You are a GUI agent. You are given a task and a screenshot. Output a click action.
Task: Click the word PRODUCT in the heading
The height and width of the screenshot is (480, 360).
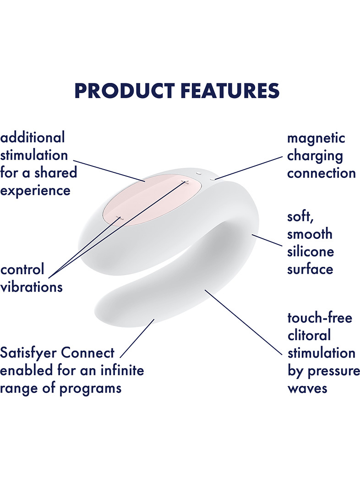tap(125, 91)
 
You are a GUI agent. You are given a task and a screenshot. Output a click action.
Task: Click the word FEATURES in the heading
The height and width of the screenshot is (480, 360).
tap(230, 91)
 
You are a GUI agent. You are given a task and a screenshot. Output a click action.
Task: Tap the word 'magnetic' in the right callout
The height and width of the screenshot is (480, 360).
tap(316, 138)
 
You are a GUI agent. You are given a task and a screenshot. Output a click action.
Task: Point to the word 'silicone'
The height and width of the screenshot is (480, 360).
tap(311, 252)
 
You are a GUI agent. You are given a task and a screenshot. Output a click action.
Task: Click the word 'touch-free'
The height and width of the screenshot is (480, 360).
tap(320, 318)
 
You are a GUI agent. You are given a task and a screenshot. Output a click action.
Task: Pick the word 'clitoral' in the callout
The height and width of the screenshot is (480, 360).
tap(309, 335)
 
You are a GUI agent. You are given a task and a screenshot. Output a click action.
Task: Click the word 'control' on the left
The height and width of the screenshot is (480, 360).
tap(22, 270)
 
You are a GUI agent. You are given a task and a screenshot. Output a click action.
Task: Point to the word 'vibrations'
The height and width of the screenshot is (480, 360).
tap(31, 287)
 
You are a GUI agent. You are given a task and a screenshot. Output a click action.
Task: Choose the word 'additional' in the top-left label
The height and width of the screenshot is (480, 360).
tap(33, 137)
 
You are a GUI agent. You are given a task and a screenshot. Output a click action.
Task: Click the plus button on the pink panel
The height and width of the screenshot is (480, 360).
tap(185, 182)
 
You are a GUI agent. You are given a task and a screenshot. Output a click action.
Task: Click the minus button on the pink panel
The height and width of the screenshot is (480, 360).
tap(120, 218)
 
